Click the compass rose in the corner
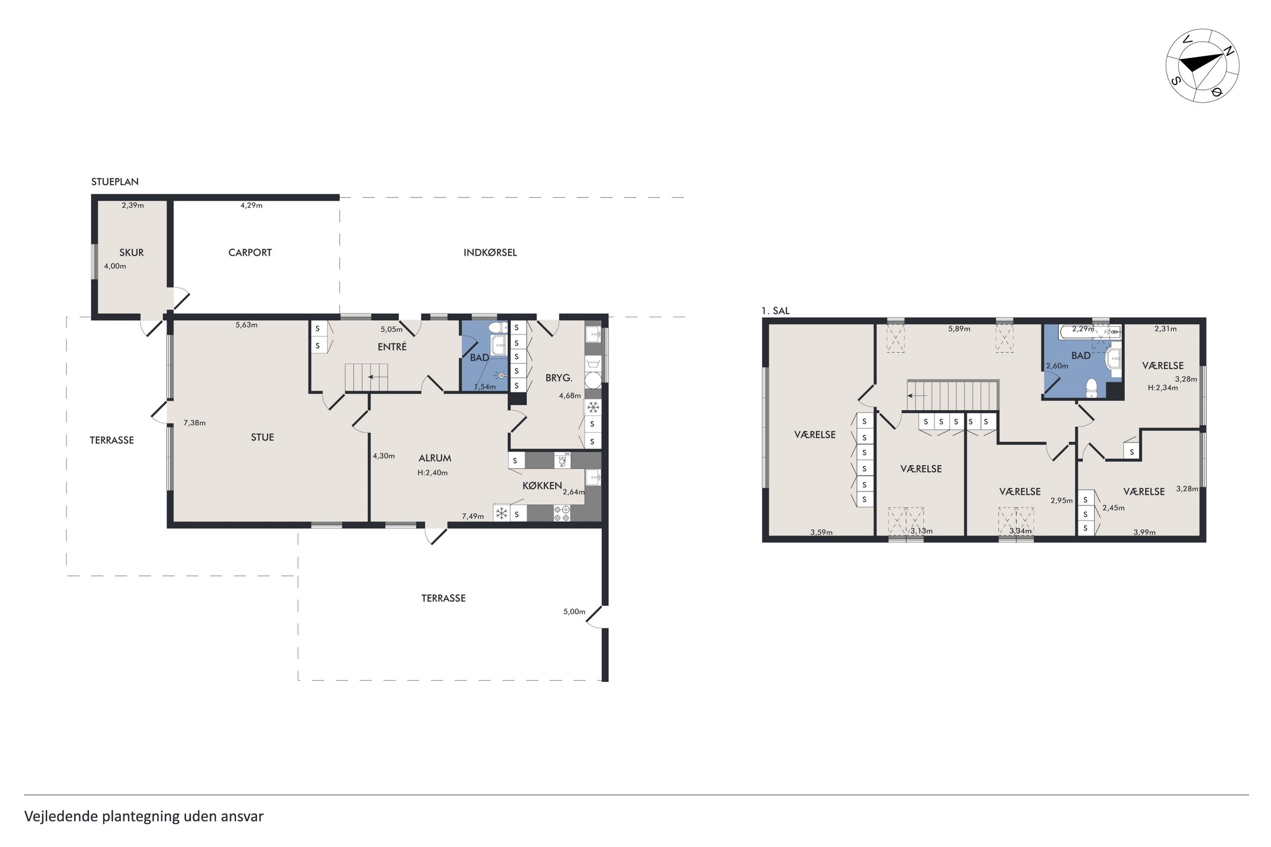point(1202,66)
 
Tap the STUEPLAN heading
point(114,182)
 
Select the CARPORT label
point(249,252)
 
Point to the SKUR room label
point(131,252)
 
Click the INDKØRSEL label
point(490,252)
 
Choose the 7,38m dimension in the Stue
point(195,423)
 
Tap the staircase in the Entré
point(367,377)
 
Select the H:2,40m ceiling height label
point(432,473)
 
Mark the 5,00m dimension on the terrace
point(574,612)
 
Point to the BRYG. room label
point(559,378)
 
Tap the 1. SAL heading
point(775,311)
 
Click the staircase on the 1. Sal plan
point(952,395)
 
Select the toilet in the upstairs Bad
point(1091,387)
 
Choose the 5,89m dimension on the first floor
point(959,328)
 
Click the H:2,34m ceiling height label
point(1162,387)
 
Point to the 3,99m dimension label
point(1144,532)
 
